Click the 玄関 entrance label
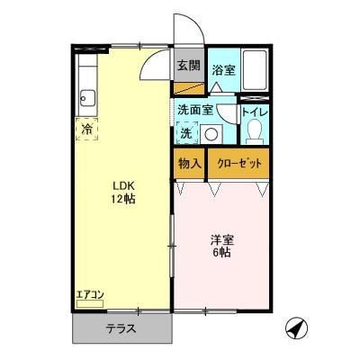[187, 66]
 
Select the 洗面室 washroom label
[194, 110]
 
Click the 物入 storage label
[188, 164]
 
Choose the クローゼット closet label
[239, 164]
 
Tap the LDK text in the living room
[122, 184]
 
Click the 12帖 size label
[122, 198]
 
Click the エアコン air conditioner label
[90, 294]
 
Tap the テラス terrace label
[120, 328]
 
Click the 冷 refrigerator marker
[86, 128]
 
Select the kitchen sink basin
[87, 94]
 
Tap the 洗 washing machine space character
[186, 133]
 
